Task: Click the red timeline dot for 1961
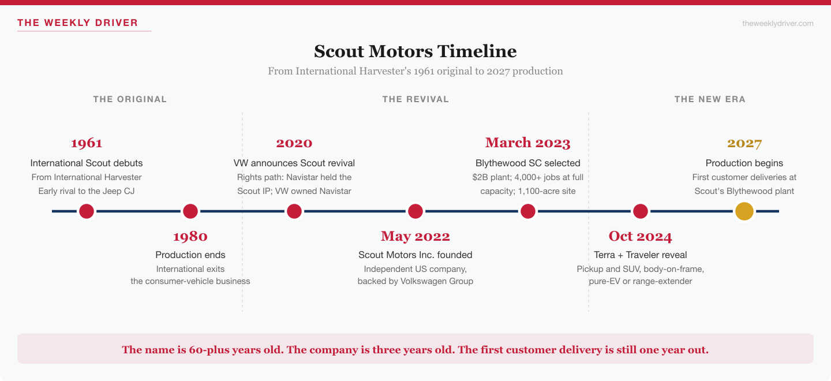tap(87, 211)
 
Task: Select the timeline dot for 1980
tap(190, 211)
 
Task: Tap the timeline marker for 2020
tap(294, 211)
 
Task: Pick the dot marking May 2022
tap(415, 211)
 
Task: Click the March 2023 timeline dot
tap(528, 211)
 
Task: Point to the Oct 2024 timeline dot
tap(641, 211)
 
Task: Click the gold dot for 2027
tap(744, 211)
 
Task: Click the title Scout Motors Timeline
tap(415, 51)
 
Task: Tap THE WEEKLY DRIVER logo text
tap(78, 23)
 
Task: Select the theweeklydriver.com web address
tap(777, 23)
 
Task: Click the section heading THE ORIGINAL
tap(130, 99)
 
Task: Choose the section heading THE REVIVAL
tap(415, 99)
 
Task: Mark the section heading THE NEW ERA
tap(710, 99)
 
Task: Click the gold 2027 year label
tap(744, 143)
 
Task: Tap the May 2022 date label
tap(415, 236)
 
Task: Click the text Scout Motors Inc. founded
tap(415, 255)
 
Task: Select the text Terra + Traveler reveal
tap(641, 255)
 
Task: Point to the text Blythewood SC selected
tap(528, 163)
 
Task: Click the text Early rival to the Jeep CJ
tap(87, 190)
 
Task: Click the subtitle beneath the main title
tap(415, 71)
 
